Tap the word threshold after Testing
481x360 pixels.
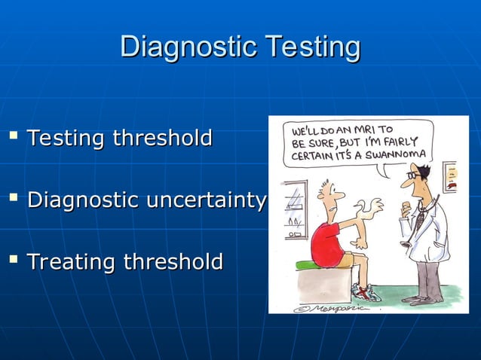162,139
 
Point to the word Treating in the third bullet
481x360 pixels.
71,262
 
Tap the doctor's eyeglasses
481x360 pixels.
413,175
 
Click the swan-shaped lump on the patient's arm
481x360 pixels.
370,206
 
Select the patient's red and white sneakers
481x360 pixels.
366,292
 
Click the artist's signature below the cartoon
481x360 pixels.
323,307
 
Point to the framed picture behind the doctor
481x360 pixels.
449,176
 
